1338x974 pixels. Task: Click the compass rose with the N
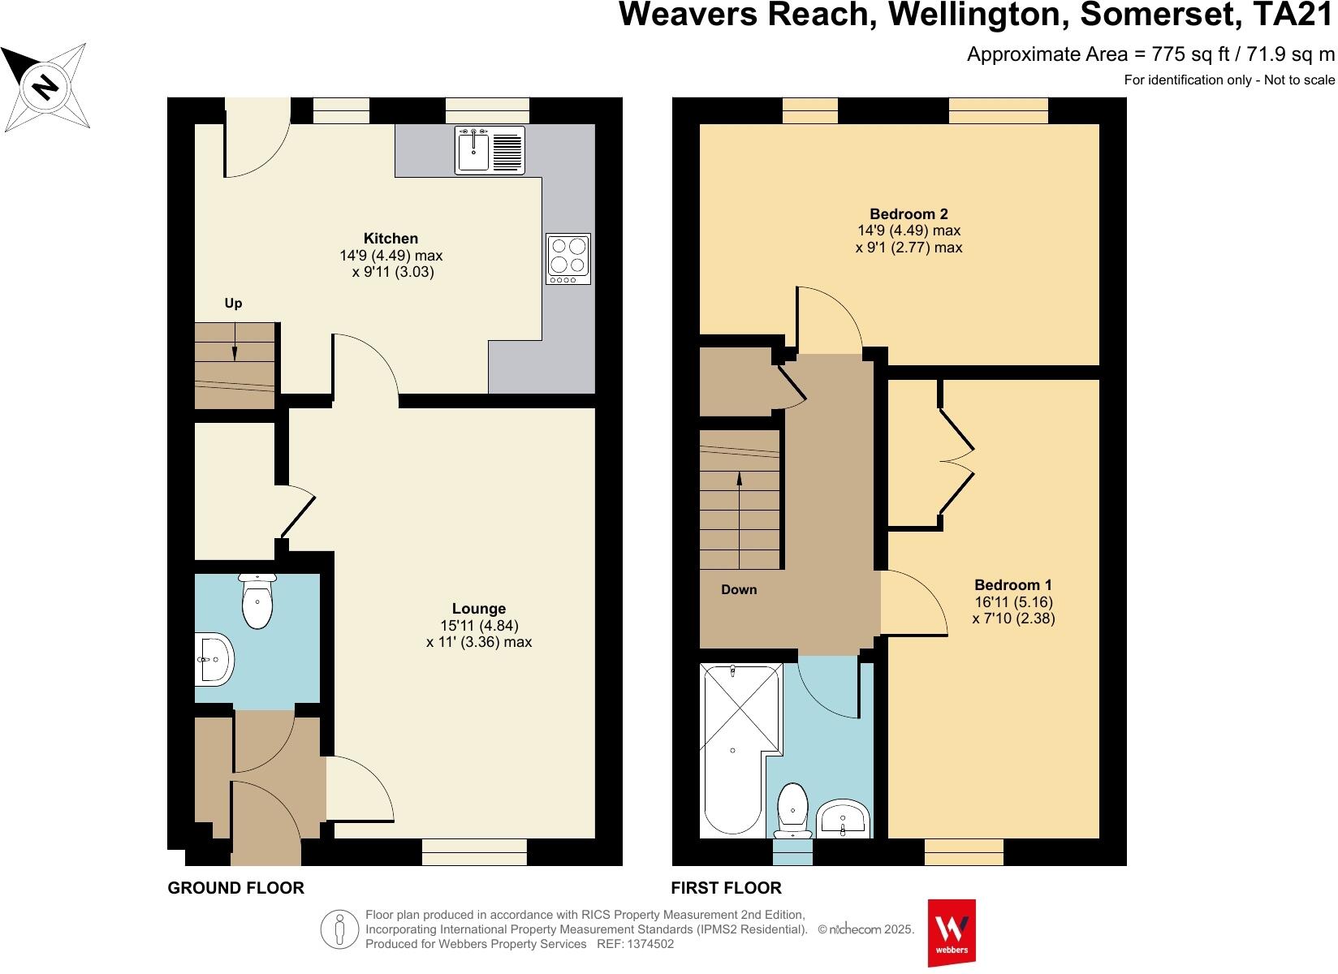(45, 85)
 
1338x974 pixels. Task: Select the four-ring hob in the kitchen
(568, 258)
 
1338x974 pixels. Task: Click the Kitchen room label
(391, 239)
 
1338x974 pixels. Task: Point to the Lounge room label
(479, 609)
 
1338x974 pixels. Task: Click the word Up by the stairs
(233, 304)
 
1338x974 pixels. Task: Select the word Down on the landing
(739, 590)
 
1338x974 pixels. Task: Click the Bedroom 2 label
(909, 214)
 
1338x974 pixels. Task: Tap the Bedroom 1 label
(1013, 585)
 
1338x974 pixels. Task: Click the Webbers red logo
(952, 932)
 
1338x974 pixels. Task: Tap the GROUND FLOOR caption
(235, 888)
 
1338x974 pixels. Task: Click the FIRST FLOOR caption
(726, 888)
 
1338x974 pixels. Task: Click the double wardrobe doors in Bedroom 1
(956, 461)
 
